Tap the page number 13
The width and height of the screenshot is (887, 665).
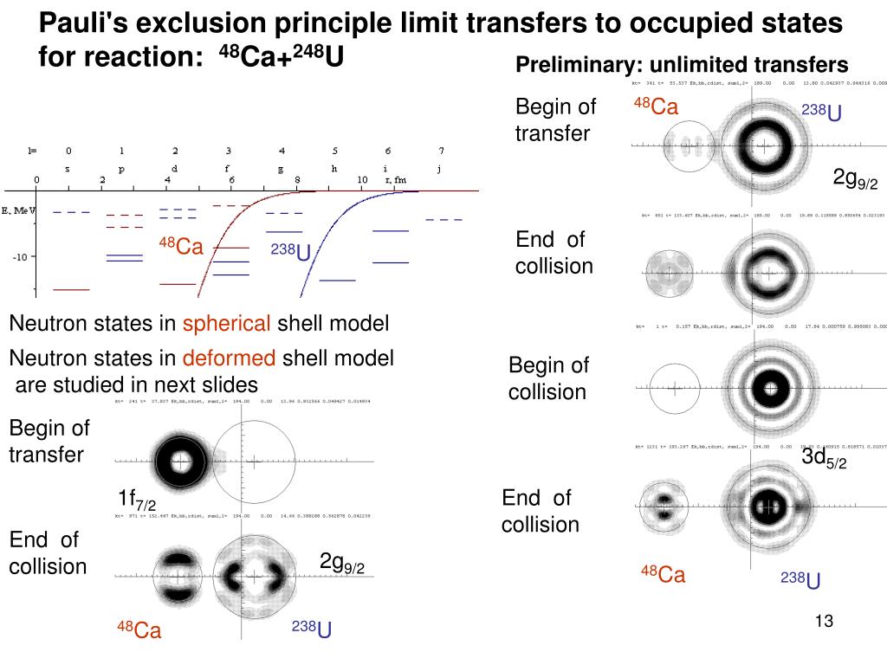click(824, 621)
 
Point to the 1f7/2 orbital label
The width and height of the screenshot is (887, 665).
click(137, 500)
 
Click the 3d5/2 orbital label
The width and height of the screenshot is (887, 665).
click(823, 458)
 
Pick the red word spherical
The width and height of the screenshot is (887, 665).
click(226, 324)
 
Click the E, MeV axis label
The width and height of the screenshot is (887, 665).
click(17, 210)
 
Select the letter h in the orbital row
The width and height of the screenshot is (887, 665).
click(334, 170)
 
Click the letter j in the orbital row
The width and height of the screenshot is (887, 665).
click(441, 170)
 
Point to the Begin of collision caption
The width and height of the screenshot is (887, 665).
click(547, 378)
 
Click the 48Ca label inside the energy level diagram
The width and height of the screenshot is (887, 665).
click(180, 246)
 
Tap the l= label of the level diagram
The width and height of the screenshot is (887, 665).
click(32, 151)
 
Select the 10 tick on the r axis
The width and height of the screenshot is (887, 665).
click(362, 180)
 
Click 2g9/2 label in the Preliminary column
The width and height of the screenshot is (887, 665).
click(855, 179)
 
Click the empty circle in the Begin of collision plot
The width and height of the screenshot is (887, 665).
click(674, 387)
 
